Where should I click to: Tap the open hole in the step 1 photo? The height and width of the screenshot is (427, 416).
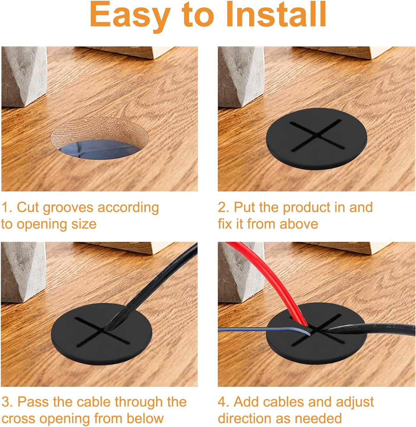pos(100,138)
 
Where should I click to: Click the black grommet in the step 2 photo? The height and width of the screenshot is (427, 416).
pos(316,139)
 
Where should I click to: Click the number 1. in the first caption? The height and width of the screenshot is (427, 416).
pos(7,207)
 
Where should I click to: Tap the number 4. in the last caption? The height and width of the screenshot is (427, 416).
pos(224,402)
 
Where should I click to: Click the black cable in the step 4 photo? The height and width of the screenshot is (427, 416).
pos(371,328)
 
